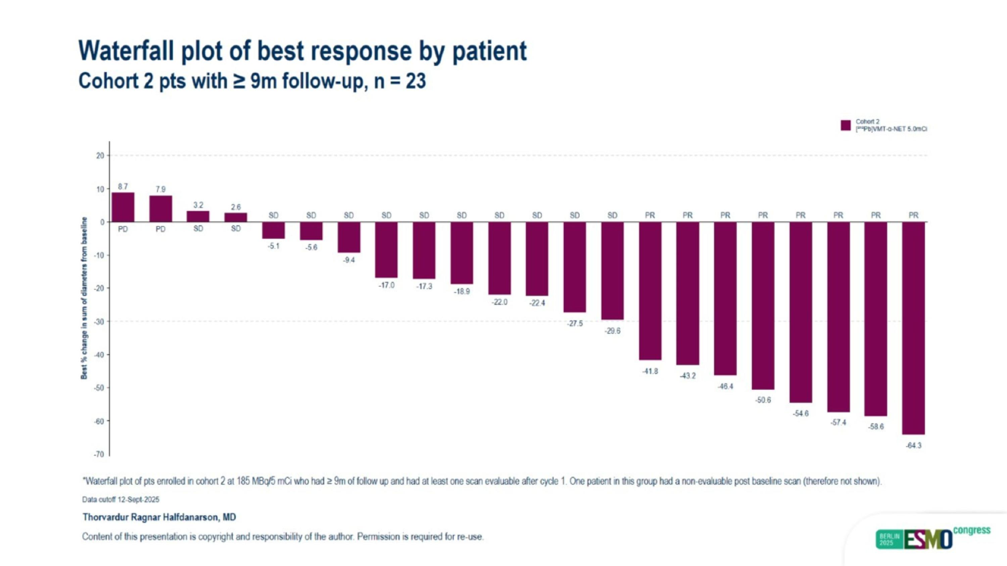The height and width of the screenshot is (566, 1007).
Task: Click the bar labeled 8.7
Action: (x=123, y=207)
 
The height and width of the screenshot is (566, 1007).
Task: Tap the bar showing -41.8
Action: (x=650, y=291)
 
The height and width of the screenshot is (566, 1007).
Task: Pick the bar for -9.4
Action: (x=349, y=237)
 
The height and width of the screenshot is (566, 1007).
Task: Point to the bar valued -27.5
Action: (x=575, y=267)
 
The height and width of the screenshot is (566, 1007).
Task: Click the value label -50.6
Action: (x=763, y=400)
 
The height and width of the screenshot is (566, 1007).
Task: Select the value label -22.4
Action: (x=537, y=303)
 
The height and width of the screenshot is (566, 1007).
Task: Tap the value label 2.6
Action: (x=236, y=207)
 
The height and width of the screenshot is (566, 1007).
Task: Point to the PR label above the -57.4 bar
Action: (x=838, y=215)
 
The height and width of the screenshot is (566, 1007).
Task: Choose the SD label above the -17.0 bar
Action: (x=386, y=215)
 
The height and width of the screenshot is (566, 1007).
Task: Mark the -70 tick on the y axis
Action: (x=99, y=454)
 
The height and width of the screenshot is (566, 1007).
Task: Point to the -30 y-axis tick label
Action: (x=99, y=321)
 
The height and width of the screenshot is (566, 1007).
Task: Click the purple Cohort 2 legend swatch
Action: (x=846, y=125)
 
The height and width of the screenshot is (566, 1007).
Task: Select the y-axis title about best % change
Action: (x=84, y=298)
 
